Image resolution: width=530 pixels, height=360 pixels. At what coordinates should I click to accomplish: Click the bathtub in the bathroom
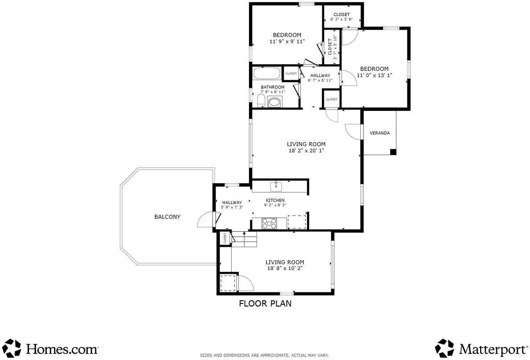(267, 74)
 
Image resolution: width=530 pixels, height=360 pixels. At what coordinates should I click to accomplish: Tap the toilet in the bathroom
(261, 101)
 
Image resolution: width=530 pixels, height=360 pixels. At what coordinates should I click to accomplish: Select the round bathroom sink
(274, 102)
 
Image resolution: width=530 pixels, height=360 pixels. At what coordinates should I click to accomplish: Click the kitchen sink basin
(276, 187)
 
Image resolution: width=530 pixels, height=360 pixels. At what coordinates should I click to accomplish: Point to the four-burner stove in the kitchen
(269, 223)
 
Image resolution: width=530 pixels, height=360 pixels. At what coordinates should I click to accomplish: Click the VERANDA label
(379, 133)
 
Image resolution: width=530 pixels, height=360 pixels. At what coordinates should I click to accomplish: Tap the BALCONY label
(167, 217)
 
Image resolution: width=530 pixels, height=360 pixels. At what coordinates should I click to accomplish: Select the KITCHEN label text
(275, 200)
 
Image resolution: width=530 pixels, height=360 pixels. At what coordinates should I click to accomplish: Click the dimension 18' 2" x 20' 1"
(306, 151)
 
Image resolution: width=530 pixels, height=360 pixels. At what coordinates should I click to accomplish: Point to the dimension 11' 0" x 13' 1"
(375, 75)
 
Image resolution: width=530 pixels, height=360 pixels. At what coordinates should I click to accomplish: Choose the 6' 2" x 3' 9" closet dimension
(342, 19)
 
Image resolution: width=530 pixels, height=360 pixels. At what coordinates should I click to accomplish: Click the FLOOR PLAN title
(265, 303)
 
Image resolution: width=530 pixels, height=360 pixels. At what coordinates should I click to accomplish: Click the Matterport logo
(481, 348)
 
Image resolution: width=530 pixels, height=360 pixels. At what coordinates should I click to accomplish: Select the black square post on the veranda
(393, 152)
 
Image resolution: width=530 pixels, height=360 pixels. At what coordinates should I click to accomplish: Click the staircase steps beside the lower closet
(245, 239)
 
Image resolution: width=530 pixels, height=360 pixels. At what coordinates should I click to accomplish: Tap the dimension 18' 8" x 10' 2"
(285, 268)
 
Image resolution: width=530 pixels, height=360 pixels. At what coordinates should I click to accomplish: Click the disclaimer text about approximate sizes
(264, 355)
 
